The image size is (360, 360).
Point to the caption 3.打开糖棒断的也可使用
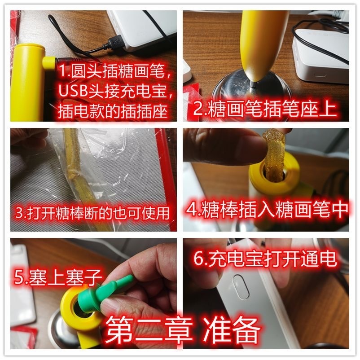click(92, 213)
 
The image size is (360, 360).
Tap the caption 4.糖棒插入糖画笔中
click(267, 209)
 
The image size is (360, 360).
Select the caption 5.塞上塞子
click(57, 277)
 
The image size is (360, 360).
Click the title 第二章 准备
click(183, 330)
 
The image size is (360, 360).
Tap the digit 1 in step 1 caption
click(62, 70)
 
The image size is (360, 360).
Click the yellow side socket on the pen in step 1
click(49, 63)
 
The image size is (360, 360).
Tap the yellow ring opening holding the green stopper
click(80, 305)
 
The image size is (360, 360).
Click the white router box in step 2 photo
click(320, 56)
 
